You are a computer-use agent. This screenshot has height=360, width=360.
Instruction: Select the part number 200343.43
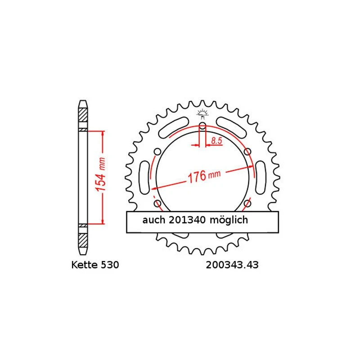pos(232,265)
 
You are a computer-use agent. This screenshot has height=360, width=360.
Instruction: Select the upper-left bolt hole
pos(157,152)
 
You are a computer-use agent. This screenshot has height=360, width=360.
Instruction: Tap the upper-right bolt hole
pos(247,152)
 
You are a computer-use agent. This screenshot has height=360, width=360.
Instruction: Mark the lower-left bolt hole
pos(157,204)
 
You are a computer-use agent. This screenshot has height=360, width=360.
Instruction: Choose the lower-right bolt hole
pos(247,204)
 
